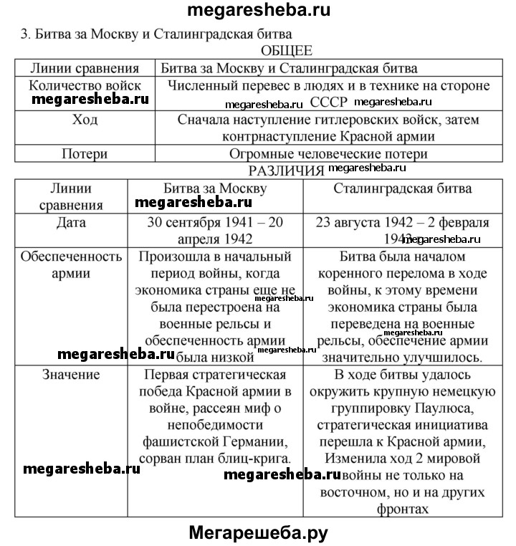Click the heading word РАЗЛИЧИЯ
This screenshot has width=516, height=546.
tap(286, 171)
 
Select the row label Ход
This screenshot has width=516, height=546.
tap(84, 120)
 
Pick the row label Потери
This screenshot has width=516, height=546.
tap(84, 153)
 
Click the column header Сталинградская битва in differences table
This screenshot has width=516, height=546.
tap(403, 188)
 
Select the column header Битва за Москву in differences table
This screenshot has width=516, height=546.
tap(215, 188)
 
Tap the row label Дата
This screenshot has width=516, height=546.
tap(71, 222)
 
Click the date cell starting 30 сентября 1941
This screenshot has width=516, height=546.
tap(215, 230)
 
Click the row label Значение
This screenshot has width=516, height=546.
tap(71, 374)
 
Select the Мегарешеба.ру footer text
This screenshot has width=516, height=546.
tap(258, 532)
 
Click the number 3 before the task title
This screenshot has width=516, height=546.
tap(24, 34)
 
